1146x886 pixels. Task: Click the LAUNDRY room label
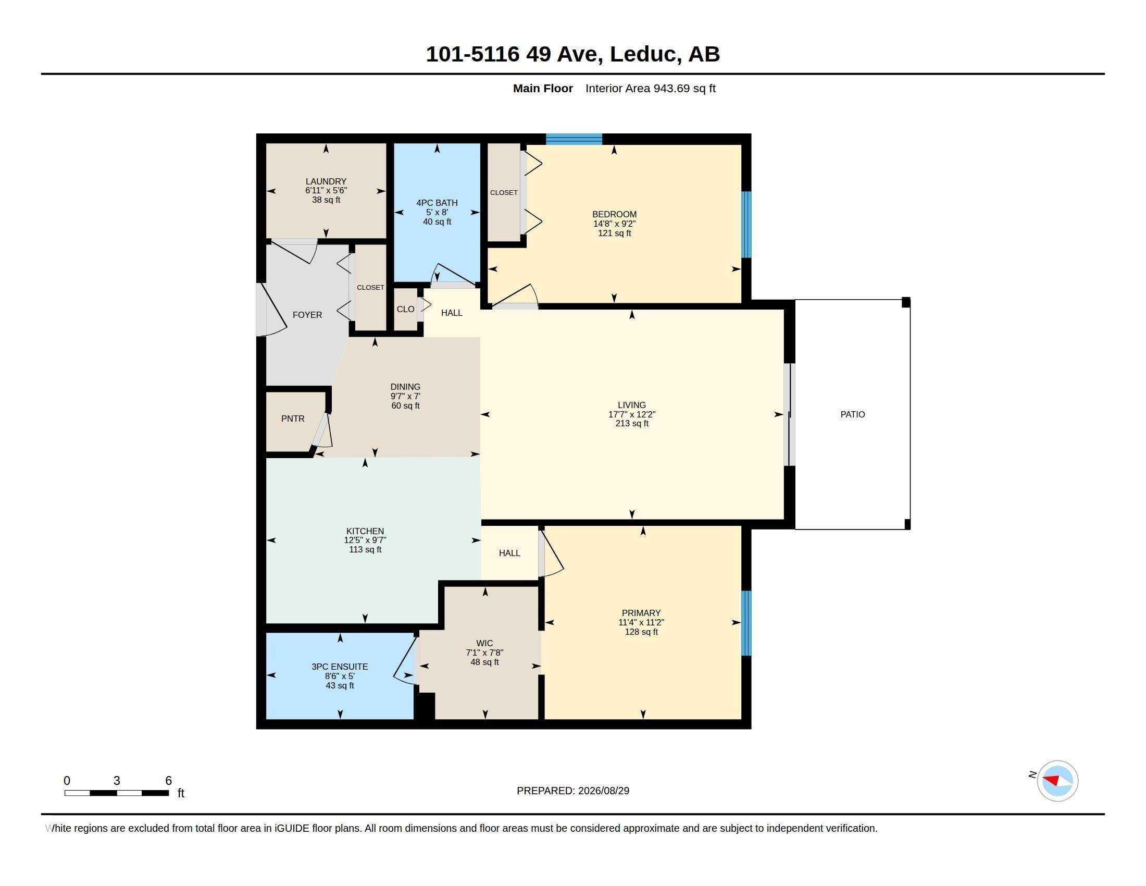coord(326,181)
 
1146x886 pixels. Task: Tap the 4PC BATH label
coord(437,203)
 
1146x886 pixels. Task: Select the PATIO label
coord(852,415)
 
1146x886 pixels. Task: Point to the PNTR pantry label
coord(293,419)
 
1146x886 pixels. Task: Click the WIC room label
coord(484,644)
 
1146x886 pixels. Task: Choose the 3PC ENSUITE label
coord(340,667)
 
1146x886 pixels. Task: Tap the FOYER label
coord(307,315)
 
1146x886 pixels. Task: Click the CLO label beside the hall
coord(405,309)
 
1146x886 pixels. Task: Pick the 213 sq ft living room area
coord(632,424)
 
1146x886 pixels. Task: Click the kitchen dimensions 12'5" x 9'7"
coord(365,540)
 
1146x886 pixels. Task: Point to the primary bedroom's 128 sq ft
coord(641,632)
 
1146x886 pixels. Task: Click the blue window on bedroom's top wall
coord(574,139)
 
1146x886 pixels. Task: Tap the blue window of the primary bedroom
coord(746,623)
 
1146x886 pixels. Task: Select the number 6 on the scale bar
coord(168,781)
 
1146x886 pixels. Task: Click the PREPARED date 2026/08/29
coord(603,791)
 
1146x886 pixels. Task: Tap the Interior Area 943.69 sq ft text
coord(650,89)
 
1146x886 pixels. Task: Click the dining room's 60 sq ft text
coord(405,405)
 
